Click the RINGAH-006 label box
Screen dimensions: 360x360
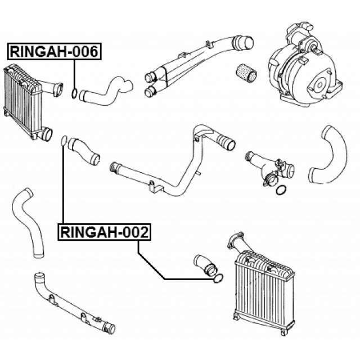(55, 51)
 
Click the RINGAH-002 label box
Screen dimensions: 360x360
(105, 232)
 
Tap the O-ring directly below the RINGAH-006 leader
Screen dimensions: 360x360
(74, 93)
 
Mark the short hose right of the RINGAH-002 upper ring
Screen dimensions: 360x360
(84, 151)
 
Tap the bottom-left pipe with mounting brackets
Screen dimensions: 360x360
(74, 303)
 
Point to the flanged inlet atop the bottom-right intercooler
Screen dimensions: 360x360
(237, 244)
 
